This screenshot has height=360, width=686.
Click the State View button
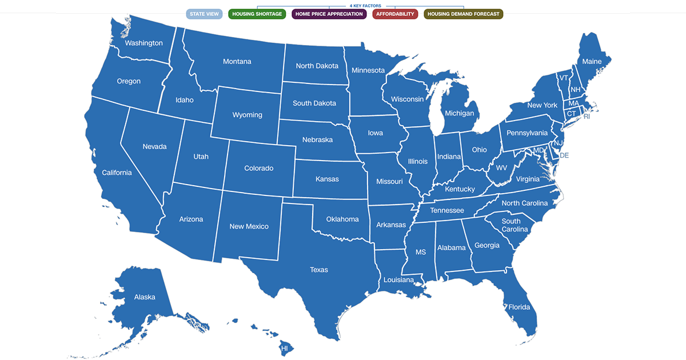pyautogui.click(x=204, y=14)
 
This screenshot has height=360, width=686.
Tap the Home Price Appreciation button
pyautogui.click(x=329, y=14)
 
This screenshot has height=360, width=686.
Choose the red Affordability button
pyautogui.click(x=395, y=14)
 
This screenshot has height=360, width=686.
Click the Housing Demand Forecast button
pyautogui.click(x=463, y=14)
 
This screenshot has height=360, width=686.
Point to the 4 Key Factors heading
pyautogui.click(x=365, y=6)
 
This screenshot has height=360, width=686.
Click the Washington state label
pyautogui.click(x=143, y=43)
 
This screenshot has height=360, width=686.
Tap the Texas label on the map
pyautogui.click(x=319, y=270)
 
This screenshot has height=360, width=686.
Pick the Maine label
pyautogui.click(x=592, y=62)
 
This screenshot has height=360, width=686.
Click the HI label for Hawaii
pyautogui.click(x=284, y=348)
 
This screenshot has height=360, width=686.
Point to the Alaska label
pyautogui.click(x=145, y=297)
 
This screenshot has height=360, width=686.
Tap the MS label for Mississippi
pyautogui.click(x=421, y=252)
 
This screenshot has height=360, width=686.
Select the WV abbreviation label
pyautogui.click(x=501, y=168)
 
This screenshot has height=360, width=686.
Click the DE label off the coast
pyautogui.click(x=564, y=155)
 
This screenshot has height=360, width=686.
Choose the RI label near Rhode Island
pyautogui.click(x=587, y=117)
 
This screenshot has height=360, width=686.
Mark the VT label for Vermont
pyautogui.click(x=564, y=78)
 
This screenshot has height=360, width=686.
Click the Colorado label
pyautogui.click(x=258, y=169)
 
